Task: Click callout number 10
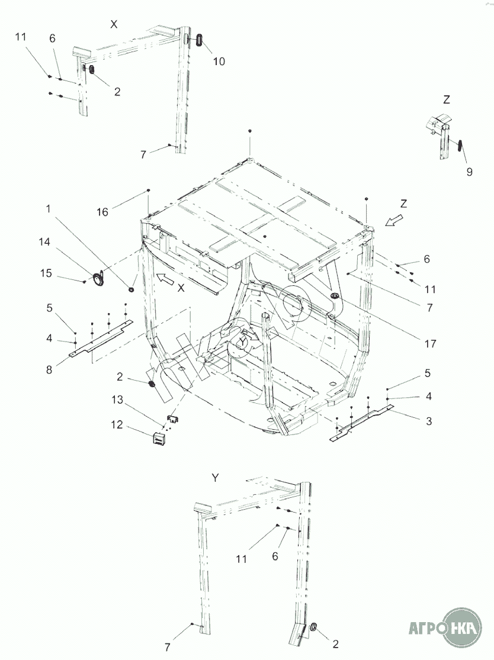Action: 219,61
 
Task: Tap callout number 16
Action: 102,212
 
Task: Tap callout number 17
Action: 431,343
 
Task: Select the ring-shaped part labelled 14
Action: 98,279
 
